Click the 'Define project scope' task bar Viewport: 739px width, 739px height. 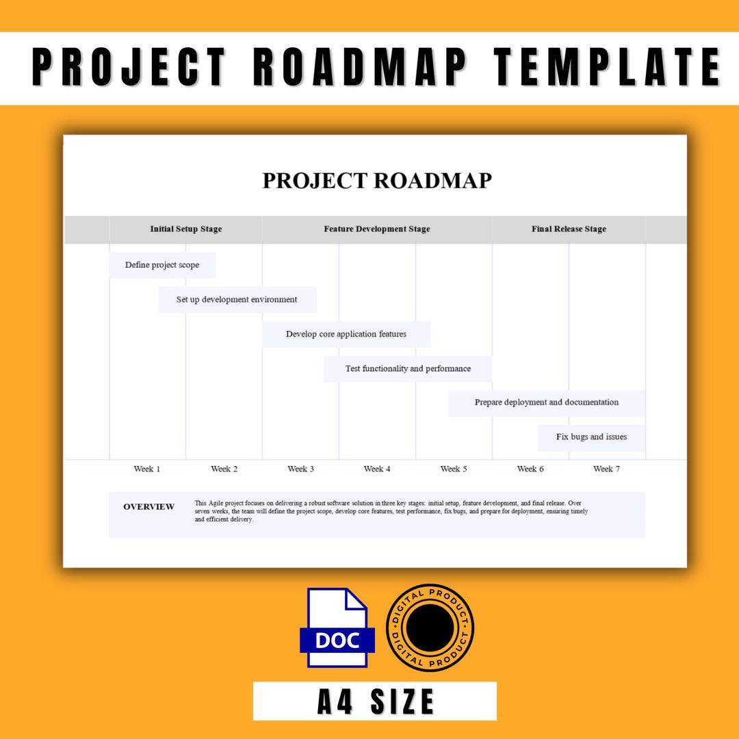tap(162, 265)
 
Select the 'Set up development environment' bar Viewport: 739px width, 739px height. tap(237, 300)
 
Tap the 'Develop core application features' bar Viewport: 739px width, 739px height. tap(346, 334)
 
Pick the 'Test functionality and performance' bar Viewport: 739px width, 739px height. tap(408, 368)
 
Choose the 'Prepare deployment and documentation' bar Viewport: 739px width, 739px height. tap(547, 402)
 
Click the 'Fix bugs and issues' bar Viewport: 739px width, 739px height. tap(591, 437)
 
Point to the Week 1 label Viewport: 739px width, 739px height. tap(147, 469)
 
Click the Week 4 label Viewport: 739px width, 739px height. tap(377, 469)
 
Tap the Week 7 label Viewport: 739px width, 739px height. tap(607, 469)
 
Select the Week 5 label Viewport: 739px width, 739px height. tap(454, 469)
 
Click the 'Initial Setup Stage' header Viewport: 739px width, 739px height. tap(186, 229)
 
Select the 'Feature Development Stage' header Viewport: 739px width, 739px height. tap(377, 229)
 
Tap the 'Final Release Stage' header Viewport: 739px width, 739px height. tap(569, 229)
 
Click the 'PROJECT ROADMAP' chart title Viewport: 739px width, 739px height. tap(377, 181)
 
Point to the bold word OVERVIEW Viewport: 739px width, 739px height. tap(148, 507)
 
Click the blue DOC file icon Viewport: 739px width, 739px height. tap(337, 627)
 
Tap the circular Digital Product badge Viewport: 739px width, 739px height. tap(430, 627)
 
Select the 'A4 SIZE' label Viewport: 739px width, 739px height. tap(375, 701)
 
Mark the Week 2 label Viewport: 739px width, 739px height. tap(224, 469)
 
